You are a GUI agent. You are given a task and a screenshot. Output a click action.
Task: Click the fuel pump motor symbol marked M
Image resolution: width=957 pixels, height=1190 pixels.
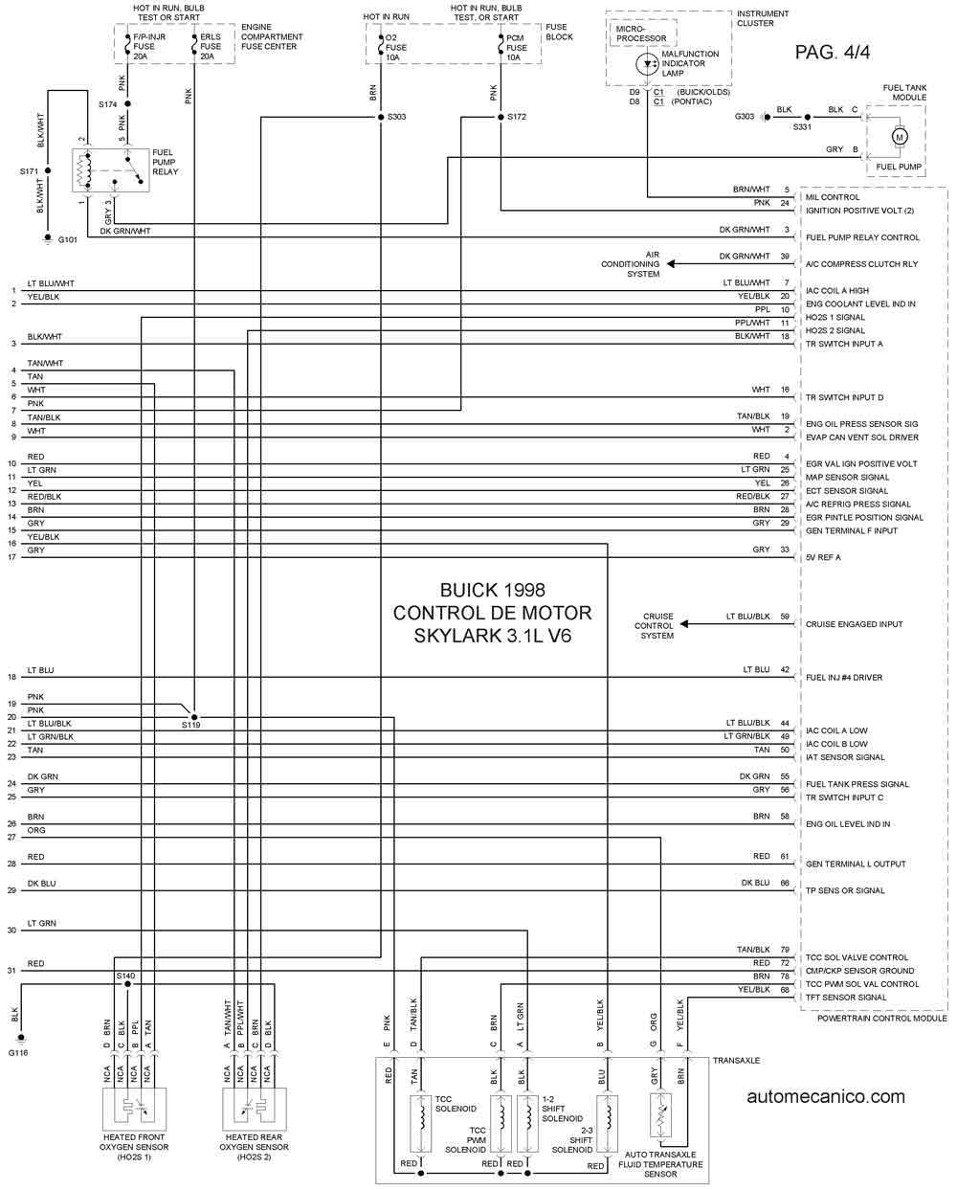tap(899, 137)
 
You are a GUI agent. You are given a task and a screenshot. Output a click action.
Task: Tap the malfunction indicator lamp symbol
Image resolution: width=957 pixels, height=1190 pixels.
tap(647, 64)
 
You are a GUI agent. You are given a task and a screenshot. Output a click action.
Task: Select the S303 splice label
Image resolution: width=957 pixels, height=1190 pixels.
tap(396, 117)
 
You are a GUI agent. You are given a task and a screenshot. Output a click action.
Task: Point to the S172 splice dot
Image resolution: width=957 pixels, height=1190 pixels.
tap(501, 117)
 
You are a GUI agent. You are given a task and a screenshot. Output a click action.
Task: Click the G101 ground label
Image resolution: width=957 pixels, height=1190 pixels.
tap(68, 239)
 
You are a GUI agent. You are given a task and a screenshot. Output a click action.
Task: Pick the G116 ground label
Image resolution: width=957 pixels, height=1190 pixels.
tap(17, 1052)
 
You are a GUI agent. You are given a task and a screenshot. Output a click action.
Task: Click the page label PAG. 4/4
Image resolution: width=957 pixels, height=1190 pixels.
tap(832, 52)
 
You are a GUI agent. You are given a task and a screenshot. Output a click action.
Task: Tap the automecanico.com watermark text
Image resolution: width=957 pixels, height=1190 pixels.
tap(826, 1096)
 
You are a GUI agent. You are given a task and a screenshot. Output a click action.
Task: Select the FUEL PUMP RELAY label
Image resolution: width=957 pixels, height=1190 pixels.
tap(165, 162)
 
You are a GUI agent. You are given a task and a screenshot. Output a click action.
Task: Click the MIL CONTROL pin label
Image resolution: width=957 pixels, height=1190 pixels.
tap(832, 197)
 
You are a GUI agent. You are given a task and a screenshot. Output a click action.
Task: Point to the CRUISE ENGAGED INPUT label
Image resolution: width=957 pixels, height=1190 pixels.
tap(854, 624)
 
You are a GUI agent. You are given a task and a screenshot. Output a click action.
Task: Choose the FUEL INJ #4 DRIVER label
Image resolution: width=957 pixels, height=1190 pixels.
tap(844, 678)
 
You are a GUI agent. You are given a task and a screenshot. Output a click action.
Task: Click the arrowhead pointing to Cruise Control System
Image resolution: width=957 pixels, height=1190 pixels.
tap(684, 624)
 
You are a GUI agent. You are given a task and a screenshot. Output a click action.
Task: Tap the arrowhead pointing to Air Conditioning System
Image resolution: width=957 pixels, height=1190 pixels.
tap(671, 264)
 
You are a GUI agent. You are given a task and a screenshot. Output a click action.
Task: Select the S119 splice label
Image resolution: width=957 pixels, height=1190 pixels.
tap(190, 725)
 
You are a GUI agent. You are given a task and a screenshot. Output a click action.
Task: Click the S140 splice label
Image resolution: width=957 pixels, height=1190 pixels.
tap(125, 976)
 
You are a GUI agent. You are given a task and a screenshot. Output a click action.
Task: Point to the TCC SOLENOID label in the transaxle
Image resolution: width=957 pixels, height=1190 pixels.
tap(455, 1104)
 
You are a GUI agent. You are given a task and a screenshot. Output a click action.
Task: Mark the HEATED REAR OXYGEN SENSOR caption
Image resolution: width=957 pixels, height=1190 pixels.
tap(254, 1147)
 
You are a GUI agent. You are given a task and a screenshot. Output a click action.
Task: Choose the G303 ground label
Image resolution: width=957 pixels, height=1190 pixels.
tap(745, 117)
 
